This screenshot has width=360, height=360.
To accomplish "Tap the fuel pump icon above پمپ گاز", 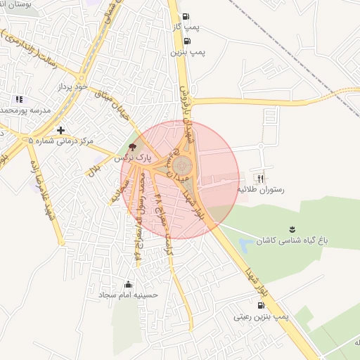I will tap(186, 17).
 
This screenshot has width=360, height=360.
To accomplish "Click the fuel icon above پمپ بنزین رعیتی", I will tap(262, 306).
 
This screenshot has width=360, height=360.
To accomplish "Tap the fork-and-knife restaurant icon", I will tap(263, 178).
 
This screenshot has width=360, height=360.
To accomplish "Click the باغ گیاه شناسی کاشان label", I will tap(288, 240).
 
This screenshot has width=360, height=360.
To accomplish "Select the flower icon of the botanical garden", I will tap(291, 229).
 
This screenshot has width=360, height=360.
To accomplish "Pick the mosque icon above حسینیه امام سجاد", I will tap(128, 285).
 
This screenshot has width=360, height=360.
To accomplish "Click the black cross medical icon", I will tap(61, 130).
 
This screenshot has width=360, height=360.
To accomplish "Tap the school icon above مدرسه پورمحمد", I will tap(18, 100).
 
